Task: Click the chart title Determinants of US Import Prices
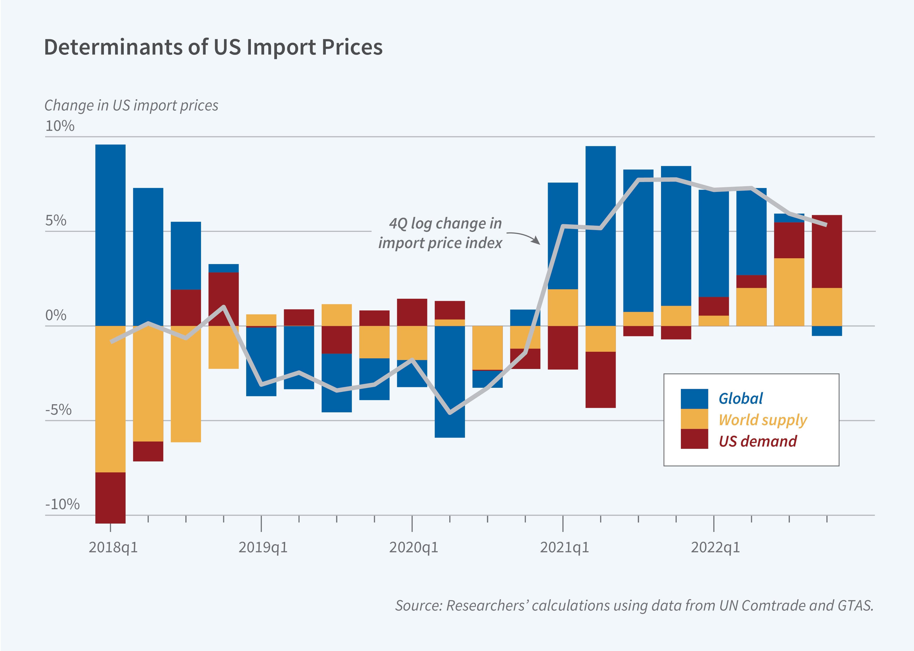click(x=213, y=47)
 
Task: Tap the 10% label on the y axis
click(x=60, y=126)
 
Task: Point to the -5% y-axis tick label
click(x=58, y=410)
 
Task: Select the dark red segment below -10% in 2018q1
click(x=110, y=498)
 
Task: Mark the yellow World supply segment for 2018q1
click(x=110, y=399)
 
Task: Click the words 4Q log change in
click(x=445, y=223)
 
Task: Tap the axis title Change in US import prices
click(x=131, y=105)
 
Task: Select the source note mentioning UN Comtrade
click(x=634, y=605)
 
